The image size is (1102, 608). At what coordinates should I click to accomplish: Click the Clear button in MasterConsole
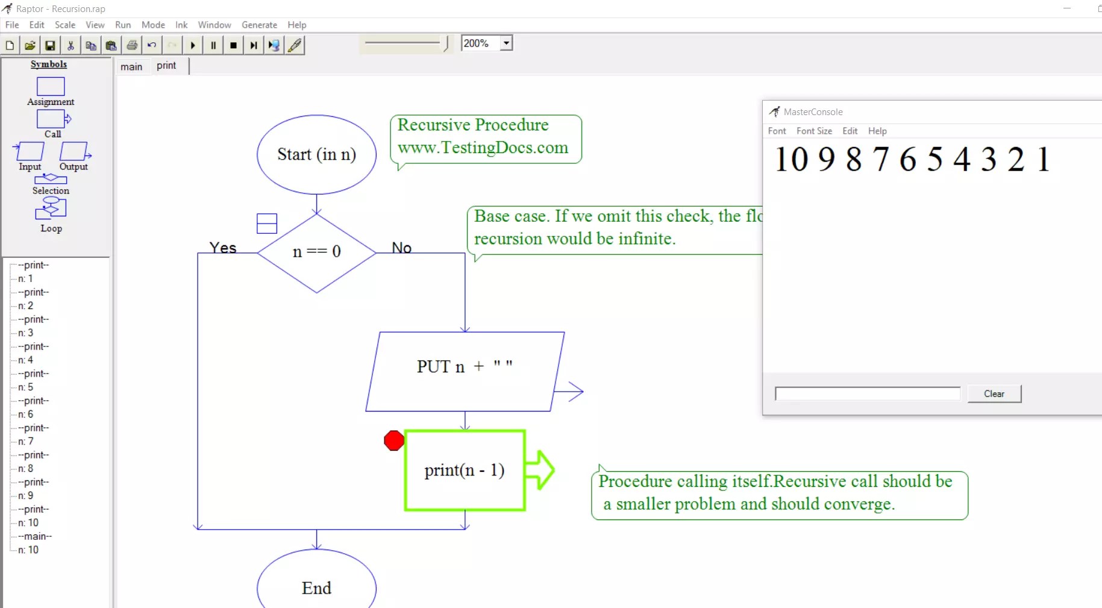point(994,393)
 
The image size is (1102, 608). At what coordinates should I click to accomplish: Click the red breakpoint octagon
point(394,440)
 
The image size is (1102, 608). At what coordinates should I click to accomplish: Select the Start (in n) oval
point(316,154)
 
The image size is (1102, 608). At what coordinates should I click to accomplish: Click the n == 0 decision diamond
point(316,252)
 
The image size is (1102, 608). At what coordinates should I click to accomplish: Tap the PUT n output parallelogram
point(465,370)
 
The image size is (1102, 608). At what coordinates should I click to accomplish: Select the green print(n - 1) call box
point(465,470)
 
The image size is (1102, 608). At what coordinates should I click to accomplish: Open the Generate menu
point(259,25)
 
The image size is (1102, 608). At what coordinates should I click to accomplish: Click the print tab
point(166,66)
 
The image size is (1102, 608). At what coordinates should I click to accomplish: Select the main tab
point(131,66)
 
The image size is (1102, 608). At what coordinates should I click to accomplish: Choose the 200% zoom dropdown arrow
point(506,43)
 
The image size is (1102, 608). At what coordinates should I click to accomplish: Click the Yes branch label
point(223,248)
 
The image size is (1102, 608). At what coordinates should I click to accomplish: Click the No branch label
point(401,248)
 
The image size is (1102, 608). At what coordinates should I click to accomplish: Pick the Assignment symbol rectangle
point(51,87)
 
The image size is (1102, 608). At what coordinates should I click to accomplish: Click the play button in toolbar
point(193,45)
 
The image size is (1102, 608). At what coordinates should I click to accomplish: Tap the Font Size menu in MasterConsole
point(814,131)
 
